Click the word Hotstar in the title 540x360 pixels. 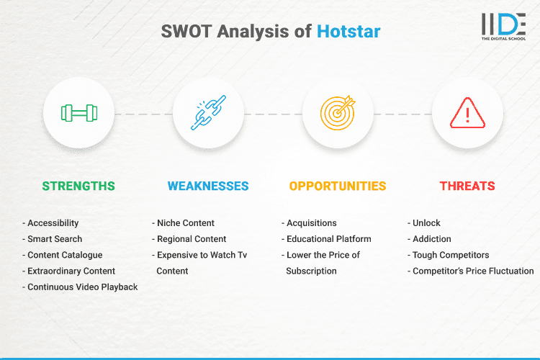point(348,31)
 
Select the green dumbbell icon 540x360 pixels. point(78,113)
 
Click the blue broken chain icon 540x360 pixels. point(208,113)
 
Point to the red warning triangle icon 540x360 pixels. point(467,113)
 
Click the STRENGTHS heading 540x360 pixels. point(78,186)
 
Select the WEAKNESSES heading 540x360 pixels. point(208,186)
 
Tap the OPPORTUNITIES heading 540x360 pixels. point(338,186)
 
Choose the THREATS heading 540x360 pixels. point(467,186)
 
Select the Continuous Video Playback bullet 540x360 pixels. point(80,287)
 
